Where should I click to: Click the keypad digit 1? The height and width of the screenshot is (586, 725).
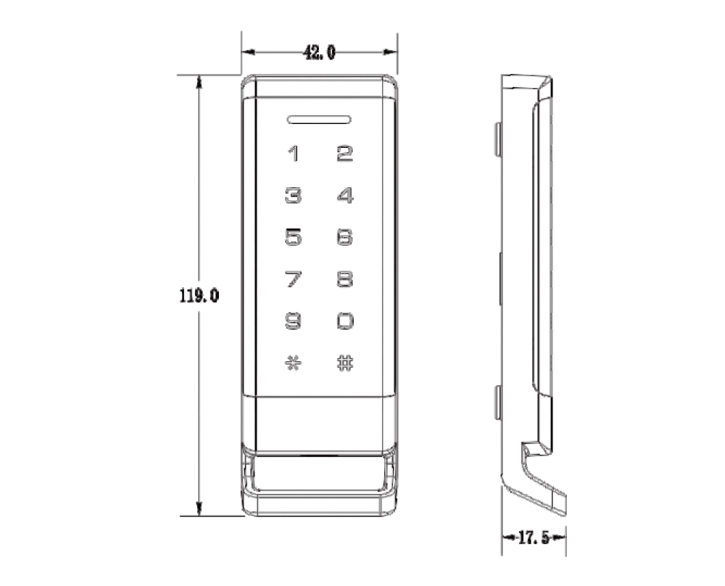click(294, 154)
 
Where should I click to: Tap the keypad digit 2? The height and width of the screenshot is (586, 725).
click(345, 154)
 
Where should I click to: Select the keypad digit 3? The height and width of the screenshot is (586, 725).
click(293, 196)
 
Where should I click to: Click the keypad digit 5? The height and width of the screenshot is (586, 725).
click(293, 237)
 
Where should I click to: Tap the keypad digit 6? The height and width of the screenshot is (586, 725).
click(345, 237)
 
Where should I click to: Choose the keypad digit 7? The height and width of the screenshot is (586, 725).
click(293, 279)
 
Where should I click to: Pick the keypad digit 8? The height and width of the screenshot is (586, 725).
click(345, 279)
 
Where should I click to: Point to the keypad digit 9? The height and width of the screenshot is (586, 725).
click(293, 321)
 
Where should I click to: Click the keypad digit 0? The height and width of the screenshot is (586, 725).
click(345, 321)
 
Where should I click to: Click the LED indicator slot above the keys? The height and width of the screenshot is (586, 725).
click(319, 119)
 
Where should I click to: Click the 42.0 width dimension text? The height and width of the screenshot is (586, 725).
click(319, 52)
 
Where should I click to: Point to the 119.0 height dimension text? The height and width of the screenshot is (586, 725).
click(199, 296)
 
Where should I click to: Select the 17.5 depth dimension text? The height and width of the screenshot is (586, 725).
click(534, 537)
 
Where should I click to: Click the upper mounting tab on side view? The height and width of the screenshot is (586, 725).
click(498, 140)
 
